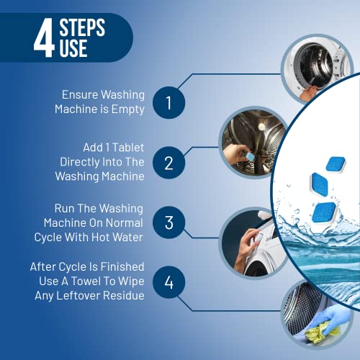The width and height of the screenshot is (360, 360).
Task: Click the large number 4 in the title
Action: (x=44, y=40)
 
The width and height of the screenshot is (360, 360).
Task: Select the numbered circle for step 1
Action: (x=168, y=102)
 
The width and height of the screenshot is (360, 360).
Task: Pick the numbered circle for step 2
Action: (x=168, y=162)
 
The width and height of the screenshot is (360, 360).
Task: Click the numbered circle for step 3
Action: (x=168, y=222)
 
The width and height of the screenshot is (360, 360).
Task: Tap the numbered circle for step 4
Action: (x=168, y=282)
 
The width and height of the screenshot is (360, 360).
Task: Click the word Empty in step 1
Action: (x=129, y=109)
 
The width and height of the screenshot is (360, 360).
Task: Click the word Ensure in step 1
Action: (x=80, y=94)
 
